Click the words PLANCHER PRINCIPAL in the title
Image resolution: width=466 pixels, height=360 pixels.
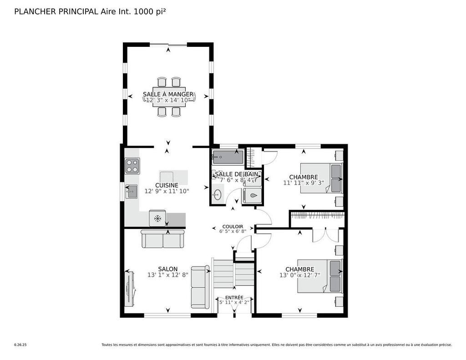coord(56,11)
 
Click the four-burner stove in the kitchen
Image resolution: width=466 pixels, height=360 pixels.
coord(132,166)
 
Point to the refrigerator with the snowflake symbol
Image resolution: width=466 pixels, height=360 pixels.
coord(158,218)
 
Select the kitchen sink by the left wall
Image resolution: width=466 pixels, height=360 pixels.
coord(132,192)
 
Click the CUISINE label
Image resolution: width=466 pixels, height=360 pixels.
coord(167,185)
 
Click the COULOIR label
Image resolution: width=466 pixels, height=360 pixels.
coord(232,226)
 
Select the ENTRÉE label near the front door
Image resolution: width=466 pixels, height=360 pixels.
coord(234,297)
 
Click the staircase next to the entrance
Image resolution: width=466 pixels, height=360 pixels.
coord(233,273)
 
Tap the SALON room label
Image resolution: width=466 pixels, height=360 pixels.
coord(168,269)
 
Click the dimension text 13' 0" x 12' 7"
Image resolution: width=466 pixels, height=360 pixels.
coord(300,275)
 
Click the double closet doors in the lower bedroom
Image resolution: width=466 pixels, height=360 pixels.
coord(325,234)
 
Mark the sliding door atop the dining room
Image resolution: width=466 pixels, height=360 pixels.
coord(168,45)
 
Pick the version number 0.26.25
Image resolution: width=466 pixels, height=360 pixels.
coord(20,345)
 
